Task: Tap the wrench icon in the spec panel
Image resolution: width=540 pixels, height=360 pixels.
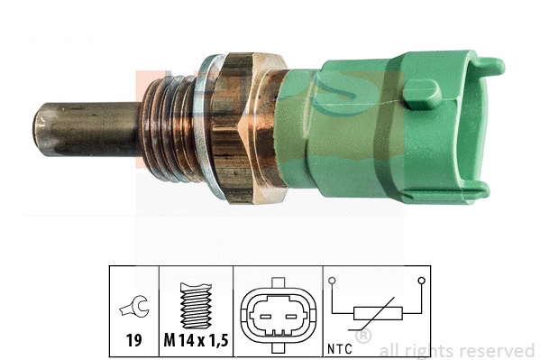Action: coord(133,312)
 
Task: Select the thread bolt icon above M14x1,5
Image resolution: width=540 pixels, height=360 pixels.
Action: coord(195,306)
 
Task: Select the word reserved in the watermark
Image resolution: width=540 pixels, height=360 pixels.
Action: coord(499,350)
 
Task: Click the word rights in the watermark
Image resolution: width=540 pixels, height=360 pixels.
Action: coord(433,350)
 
